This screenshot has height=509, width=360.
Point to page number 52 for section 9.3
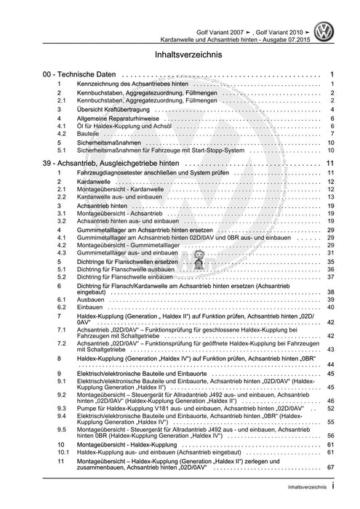click(x=330, y=409)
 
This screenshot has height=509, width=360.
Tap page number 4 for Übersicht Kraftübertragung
click(x=332, y=109)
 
